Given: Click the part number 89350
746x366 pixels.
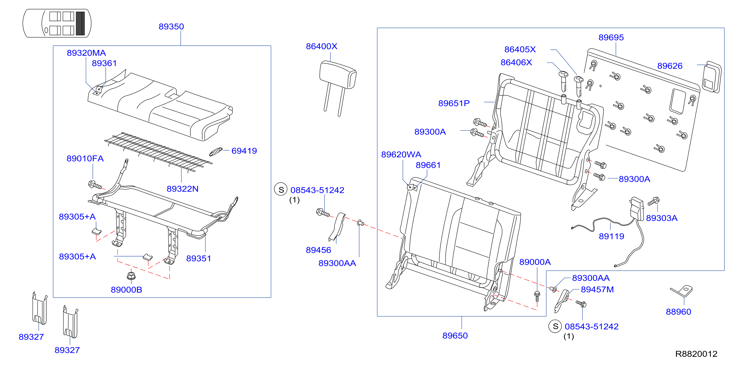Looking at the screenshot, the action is (171, 27).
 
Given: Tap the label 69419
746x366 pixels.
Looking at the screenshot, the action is (244, 151).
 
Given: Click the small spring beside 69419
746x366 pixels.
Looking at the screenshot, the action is (216, 152).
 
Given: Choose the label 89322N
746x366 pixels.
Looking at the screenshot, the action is (182, 189).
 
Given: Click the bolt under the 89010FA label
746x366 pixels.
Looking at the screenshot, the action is (95, 185).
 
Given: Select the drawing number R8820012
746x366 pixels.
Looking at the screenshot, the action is (696, 354).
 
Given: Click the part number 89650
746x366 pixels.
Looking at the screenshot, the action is (455, 336).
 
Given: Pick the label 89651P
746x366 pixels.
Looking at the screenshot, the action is (454, 103).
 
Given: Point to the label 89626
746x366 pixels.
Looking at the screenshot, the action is (670, 66).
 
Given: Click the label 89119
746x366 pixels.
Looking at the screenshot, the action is (611, 236).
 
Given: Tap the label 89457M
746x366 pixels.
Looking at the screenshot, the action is (597, 290).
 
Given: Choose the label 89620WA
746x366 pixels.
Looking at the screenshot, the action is (401, 154).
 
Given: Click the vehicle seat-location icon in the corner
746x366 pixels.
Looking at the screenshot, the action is (57, 23).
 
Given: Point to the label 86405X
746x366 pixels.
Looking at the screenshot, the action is (520, 50).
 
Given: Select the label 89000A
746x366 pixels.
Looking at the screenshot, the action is (535, 262).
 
